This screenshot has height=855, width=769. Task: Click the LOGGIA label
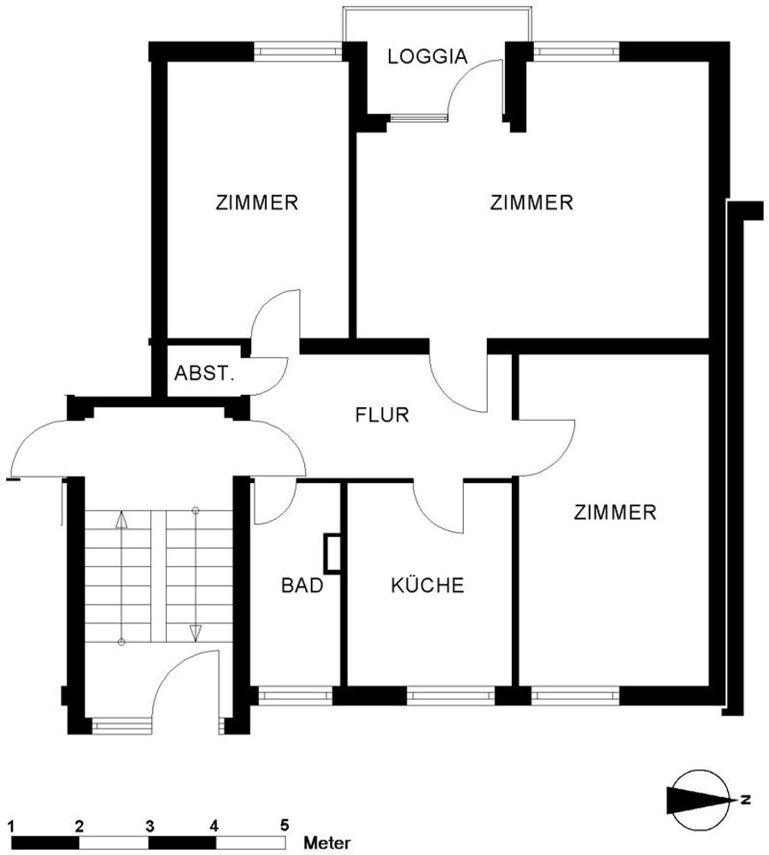click(427, 56)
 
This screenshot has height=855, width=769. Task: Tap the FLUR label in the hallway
click(381, 415)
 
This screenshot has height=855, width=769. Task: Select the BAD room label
click(302, 585)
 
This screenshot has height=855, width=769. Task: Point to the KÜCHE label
click(427, 585)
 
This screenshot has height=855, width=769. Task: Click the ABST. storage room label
click(204, 374)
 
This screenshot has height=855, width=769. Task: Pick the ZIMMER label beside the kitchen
click(614, 512)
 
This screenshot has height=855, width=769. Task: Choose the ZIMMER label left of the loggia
click(256, 203)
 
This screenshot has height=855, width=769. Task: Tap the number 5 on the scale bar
click(284, 826)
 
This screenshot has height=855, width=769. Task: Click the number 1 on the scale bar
click(11, 826)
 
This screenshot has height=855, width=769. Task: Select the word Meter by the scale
click(327, 842)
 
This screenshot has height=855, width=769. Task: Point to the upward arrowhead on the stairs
click(121, 520)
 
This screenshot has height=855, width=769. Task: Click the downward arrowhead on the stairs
click(195, 633)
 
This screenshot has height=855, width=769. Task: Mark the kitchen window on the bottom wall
click(450, 696)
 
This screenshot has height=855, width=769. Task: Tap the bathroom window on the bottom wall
click(294, 696)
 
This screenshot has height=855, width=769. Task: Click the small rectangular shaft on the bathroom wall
click(332, 553)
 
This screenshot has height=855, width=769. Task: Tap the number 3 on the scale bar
click(150, 826)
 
